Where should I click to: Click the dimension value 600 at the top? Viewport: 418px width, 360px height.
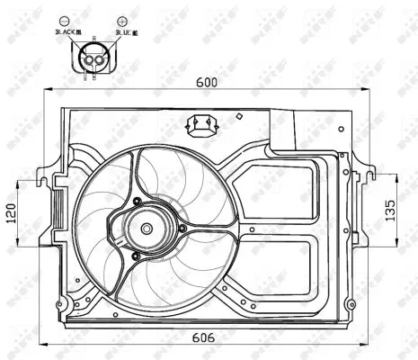pos(209,81)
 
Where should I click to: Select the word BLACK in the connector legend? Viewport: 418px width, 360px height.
pos(66,32)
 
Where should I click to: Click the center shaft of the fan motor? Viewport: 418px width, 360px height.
pos(145,229)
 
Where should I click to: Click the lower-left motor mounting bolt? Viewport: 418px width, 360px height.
pos(134,256)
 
